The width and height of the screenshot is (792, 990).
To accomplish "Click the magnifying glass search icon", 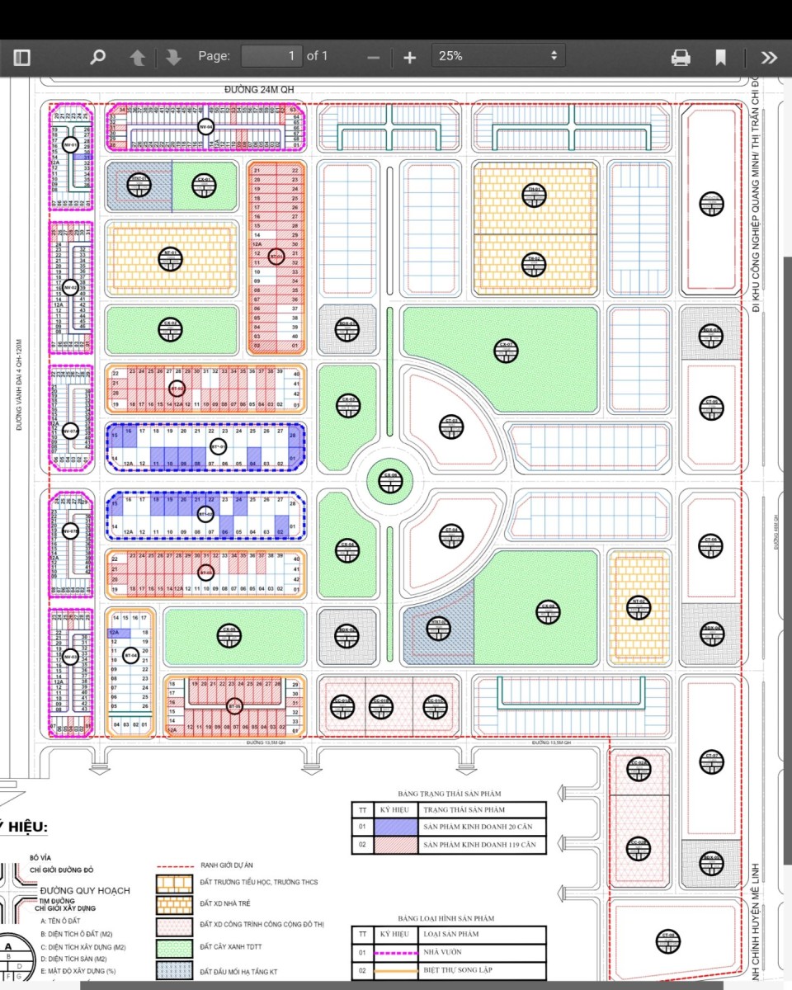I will tap(97, 57).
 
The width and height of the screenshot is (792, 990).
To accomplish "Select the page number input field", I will tap(271, 56).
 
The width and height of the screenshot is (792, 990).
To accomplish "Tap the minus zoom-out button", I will tap(373, 57).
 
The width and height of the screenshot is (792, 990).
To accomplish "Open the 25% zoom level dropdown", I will tap(499, 56).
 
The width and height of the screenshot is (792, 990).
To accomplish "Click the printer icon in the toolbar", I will tap(681, 57).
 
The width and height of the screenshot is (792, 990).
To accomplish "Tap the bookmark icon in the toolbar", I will tap(720, 57).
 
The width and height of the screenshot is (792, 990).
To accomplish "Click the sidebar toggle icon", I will tap(21, 57).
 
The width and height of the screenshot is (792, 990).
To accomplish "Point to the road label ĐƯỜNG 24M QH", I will tap(258, 89).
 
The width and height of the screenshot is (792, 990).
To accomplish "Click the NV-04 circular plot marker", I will tap(205, 127).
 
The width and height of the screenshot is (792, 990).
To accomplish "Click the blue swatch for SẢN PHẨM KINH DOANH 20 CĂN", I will tap(391, 827).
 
